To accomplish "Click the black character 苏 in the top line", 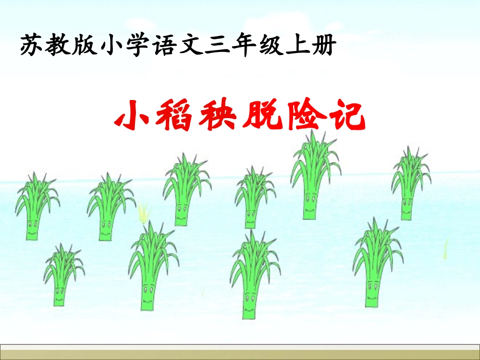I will tap(31, 46).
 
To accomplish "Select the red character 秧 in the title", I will tap(220, 116).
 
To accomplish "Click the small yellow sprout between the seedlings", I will tap(145, 213).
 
